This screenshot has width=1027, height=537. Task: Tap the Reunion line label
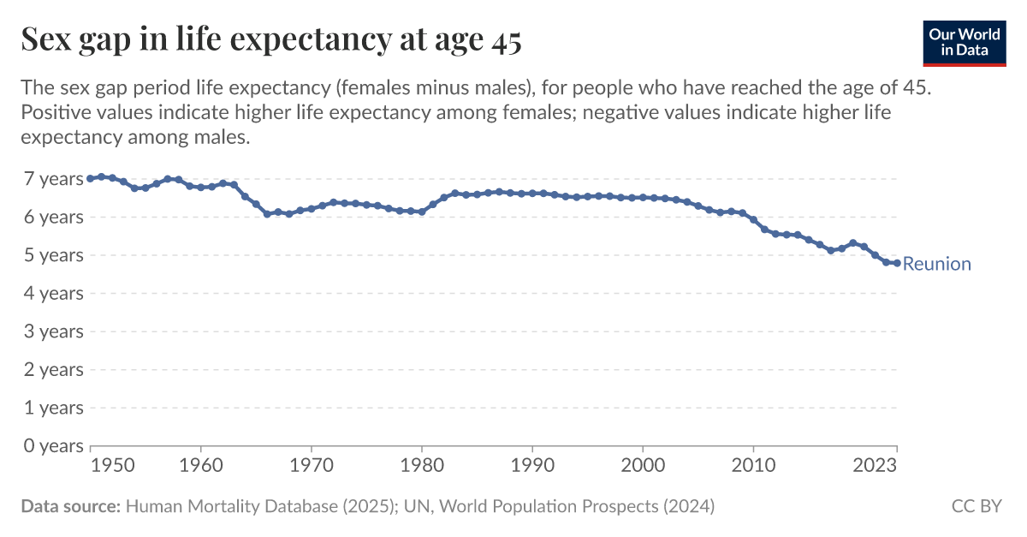click(936, 264)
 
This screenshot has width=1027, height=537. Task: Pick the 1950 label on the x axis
click(112, 466)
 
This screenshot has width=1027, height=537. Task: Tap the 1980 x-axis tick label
click(421, 466)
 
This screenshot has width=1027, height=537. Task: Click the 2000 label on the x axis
click(643, 466)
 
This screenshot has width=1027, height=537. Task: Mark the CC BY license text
click(976, 506)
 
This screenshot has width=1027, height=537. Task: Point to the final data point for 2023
click(897, 263)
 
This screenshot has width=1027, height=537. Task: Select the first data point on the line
click(90, 178)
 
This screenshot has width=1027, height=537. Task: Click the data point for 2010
click(753, 219)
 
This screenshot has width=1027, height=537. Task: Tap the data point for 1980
click(421, 212)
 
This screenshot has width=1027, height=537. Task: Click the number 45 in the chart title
click(506, 40)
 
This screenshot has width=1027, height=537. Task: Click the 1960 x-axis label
click(200, 466)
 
